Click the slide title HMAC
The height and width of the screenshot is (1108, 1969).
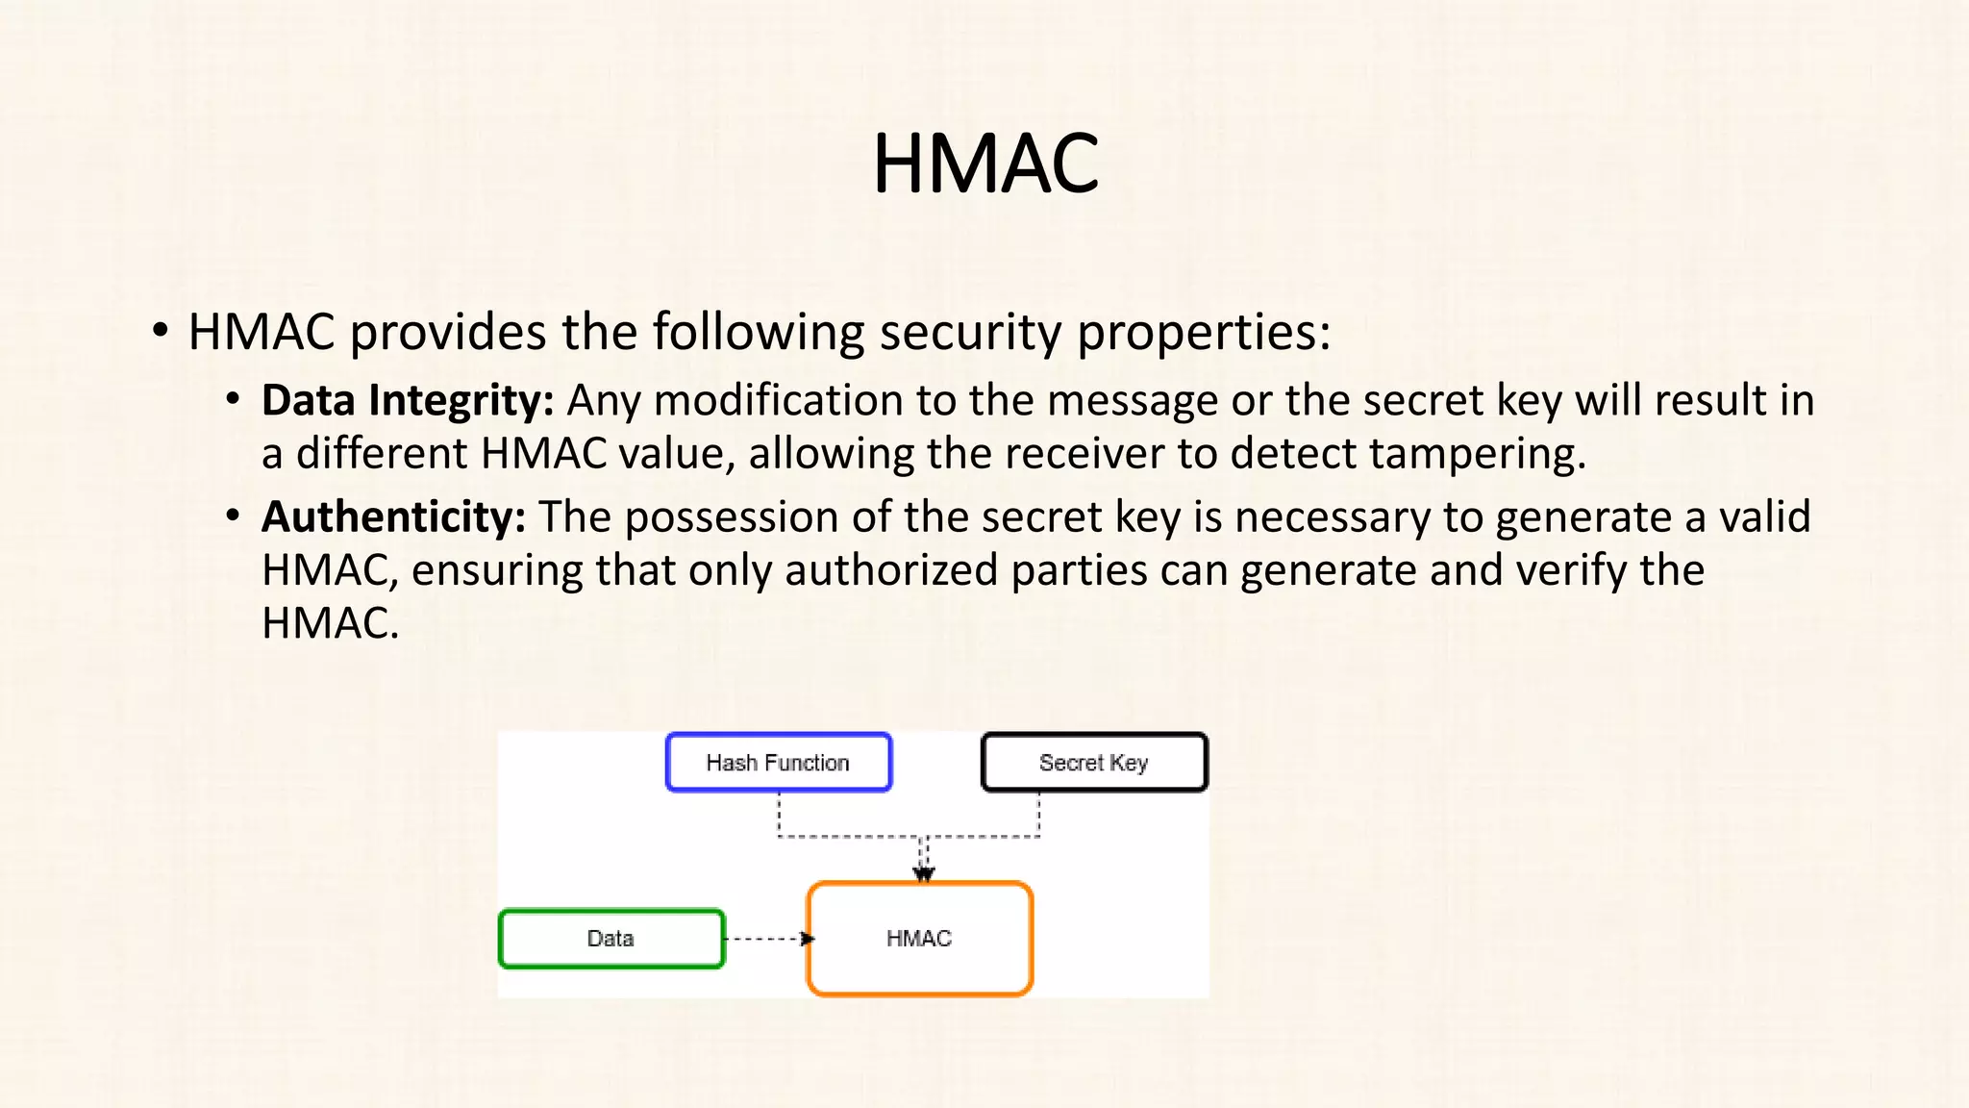[x=984, y=164]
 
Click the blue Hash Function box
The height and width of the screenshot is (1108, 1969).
[x=778, y=763]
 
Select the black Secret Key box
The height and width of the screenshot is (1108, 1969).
[x=1093, y=763]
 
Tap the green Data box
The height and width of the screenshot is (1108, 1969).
[x=611, y=939]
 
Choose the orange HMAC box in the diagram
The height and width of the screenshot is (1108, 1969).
[x=919, y=939]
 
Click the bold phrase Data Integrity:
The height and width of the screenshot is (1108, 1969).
[x=408, y=401]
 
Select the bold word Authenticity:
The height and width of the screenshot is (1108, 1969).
[x=393, y=517]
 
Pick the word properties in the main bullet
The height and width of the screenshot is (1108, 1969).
[x=1203, y=333]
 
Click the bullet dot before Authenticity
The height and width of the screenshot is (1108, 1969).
[x=233, y=516]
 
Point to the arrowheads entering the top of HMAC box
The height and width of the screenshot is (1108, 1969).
[x=924, y=873]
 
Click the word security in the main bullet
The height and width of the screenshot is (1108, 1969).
[x=970, y=333]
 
